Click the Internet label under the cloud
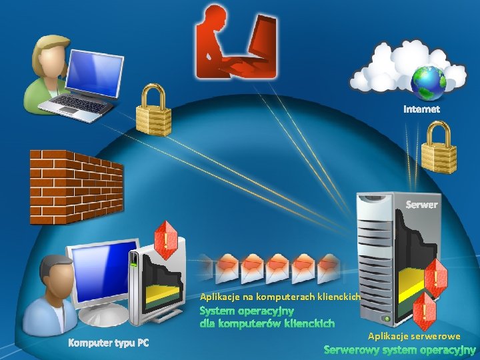[x=421, y=109]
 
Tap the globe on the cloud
[x=428, y=82]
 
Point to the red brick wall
[x=75, y=187]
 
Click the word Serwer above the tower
[x=422, y=204]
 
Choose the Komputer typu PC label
[x=109, y=343]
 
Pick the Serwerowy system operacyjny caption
[x=399, y=349]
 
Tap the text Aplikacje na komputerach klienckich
[x=280, y=295]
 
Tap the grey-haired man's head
[x=55, y=275]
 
